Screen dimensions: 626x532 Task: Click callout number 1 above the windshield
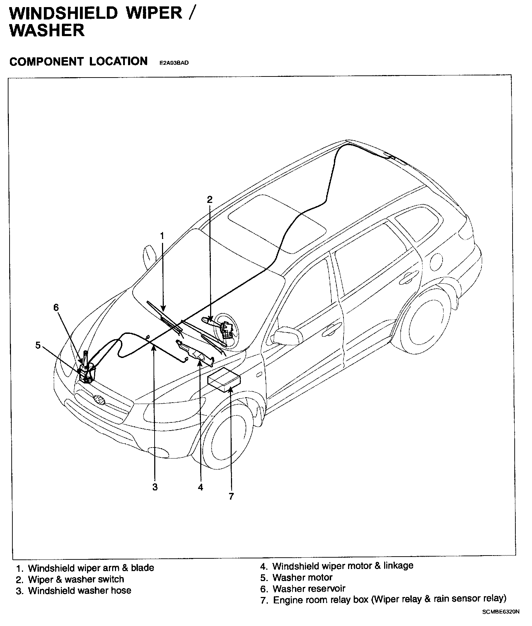point(162,236)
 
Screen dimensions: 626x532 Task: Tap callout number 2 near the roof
point(210,199)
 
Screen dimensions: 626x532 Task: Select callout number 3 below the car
point(155,487)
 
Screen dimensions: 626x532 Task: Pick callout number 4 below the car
point(201,488)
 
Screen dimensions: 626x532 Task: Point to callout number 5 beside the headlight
point(38,345)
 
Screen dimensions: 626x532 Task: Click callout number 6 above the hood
point(56,307)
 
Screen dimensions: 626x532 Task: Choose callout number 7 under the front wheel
point(231,496)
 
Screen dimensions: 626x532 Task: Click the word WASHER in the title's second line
point(47,30)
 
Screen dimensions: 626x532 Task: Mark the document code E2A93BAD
point(174,63)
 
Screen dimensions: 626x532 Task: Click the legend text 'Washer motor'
point(302,577)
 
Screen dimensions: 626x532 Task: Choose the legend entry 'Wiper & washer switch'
point(76,579)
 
